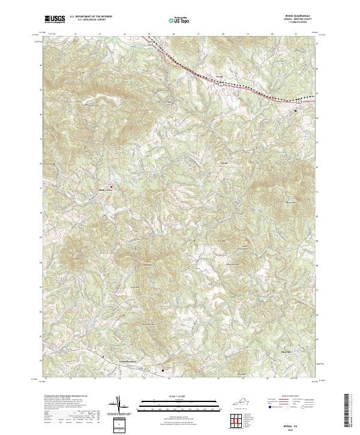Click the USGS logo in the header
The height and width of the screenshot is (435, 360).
(x=55, y=20)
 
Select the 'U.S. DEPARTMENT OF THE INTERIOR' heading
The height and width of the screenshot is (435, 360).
(x=91, y=16)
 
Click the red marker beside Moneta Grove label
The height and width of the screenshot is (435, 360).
(x=111, y=187)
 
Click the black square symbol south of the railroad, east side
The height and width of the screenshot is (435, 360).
(x=295, y=111)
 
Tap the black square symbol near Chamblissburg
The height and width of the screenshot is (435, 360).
(x=163, y=370)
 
